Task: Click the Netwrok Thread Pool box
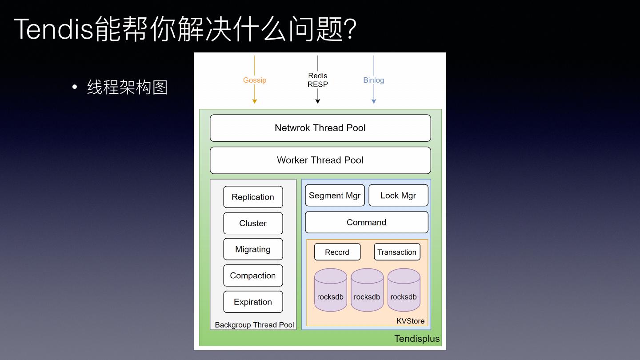click(x=320, y=128)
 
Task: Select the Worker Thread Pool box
click(x=320, y=160)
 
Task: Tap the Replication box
click(x=253, y=197)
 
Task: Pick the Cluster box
click(x=253, y=223)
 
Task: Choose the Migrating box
click(x=253, y=249)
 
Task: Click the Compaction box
click(x=253, y=276)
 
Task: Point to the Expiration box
click(x=253, y=302)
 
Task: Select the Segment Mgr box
click(x=335, y=196)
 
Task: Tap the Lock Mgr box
click(x=398, y=196)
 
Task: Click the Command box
click(x=366, y=222)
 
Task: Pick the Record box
click(x=337, y=252)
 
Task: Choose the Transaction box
click(x=397, y=252)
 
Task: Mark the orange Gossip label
click(x=255, y=80)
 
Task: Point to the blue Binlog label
click(x=373, y=80)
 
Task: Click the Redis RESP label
click(x=317, y=80)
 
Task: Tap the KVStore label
click(x=410, y=321)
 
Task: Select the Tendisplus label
click(x=417, y=339)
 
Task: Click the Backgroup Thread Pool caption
click(x=254, y=325)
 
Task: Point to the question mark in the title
click(x=351, y=29)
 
